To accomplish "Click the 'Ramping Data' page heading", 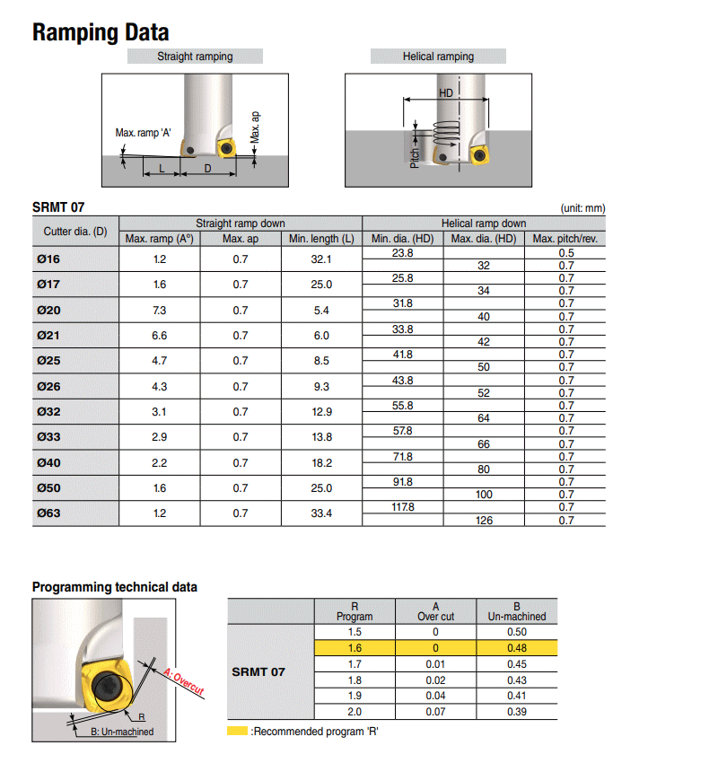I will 101,33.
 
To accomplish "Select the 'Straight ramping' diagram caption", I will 195,57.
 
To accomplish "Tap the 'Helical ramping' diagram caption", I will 438,57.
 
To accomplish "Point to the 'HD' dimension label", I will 446,93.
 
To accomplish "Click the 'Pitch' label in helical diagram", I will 415,154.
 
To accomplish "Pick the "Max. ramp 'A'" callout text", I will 144,133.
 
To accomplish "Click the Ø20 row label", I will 48,311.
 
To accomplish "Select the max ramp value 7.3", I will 160,311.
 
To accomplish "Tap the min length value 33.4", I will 321,514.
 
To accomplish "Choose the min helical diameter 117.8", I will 403,507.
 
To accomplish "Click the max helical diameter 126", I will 483,521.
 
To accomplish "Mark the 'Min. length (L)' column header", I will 321,239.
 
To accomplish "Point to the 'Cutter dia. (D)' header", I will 75,232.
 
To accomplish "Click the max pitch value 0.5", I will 565,253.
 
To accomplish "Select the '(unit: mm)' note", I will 582,208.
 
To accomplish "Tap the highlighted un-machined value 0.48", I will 516,646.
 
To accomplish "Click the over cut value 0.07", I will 436,712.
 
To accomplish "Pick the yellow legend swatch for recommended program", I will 237,732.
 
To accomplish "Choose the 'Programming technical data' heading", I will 115,587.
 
